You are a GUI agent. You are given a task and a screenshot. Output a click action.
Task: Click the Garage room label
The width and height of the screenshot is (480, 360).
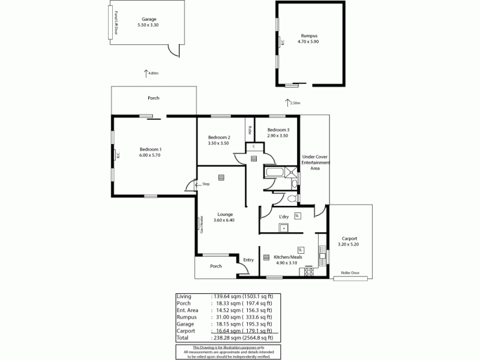pos(142,19)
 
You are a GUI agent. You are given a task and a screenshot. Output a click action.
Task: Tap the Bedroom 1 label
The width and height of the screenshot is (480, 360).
pos(151,149)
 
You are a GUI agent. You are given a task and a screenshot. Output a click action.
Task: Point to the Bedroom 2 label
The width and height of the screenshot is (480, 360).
pos(219,137)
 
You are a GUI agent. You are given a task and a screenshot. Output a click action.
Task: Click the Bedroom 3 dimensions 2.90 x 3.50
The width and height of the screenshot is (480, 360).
pos(278,136)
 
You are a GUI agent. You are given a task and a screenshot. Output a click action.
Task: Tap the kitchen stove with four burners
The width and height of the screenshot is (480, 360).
pos(310,272)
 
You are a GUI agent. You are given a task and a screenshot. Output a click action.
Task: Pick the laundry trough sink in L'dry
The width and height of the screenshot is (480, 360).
pos(282,227)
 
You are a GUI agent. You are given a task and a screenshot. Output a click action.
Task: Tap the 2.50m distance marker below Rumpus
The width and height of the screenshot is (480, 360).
pos(295,103)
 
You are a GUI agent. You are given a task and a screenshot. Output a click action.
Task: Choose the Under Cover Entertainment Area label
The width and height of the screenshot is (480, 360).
pos(315,163)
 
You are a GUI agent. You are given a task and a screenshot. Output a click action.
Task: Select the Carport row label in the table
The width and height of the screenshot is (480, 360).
pos(186,330)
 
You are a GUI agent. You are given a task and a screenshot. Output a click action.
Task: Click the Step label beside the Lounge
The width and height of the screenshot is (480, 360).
pos(206,184)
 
